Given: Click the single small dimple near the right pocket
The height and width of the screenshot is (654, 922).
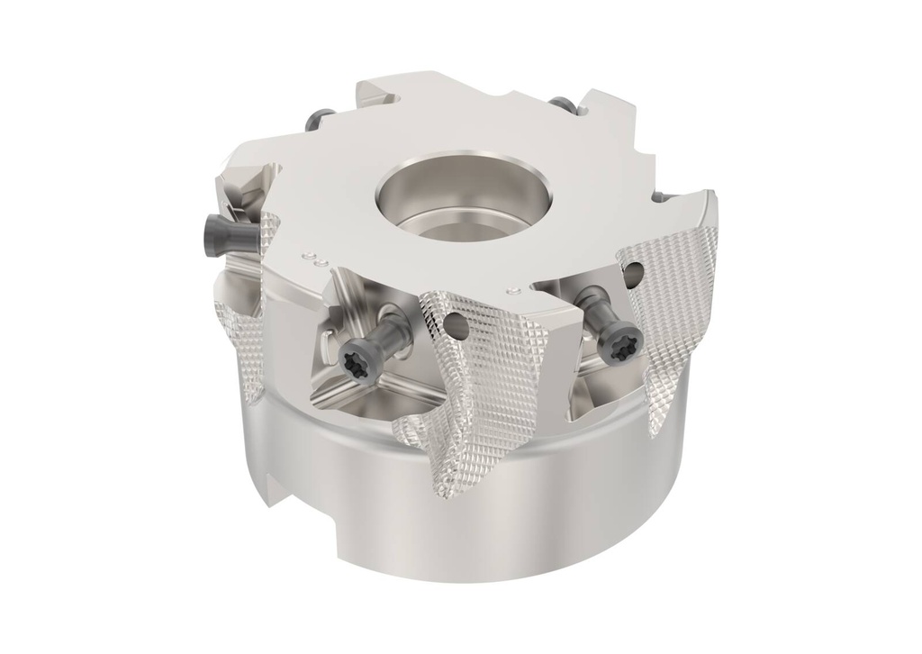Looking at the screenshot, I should [x=514, y=290].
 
